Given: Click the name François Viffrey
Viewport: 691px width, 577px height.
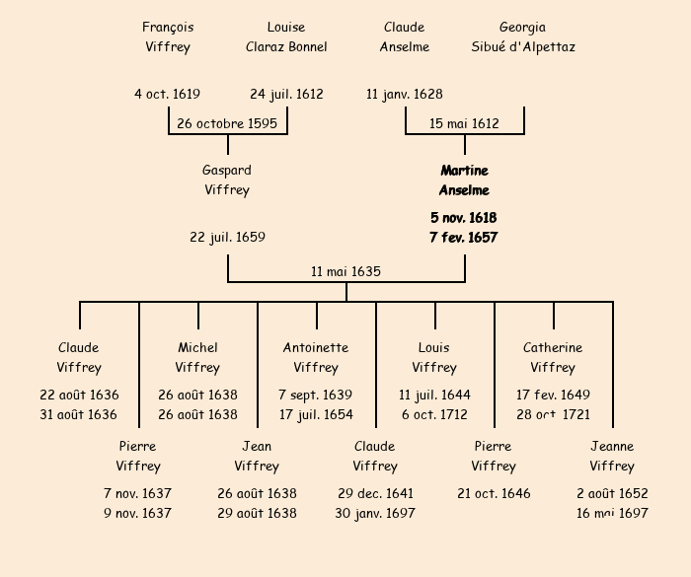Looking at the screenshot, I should (x=168, y=37).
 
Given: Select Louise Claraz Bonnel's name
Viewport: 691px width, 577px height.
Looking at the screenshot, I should (x=286, y=37).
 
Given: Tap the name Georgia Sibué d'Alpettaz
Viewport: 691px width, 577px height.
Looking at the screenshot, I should (x=523, y=37).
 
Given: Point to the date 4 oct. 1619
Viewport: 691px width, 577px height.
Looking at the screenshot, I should (x=168, y=95).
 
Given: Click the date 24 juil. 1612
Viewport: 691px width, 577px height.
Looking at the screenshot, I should (x=286, y=95).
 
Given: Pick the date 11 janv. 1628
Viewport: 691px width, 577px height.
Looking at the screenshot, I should (x=405, y=95).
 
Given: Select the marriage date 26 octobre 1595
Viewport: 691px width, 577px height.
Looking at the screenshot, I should (x=227, y=124).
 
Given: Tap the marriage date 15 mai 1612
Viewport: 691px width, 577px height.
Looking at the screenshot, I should (x=464, y=124).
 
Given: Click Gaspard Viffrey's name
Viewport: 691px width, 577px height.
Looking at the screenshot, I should (x=227, y=180).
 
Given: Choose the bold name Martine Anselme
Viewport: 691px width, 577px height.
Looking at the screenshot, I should (x=464, y=180).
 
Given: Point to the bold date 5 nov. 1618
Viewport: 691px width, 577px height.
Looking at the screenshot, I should (x=464, y=218).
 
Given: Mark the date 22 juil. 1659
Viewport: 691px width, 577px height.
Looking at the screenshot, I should (x=228, y=238).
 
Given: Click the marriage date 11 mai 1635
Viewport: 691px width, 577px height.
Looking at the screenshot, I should (x=345, y=272).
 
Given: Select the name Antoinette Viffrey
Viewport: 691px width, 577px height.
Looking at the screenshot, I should (x=316, y=358).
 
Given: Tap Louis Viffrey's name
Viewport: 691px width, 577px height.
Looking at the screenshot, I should (x=434, y=358).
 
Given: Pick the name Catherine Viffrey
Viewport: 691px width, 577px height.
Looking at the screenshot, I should (x=553, y=358).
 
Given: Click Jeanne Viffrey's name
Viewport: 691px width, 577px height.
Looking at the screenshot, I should (x=612, y=457).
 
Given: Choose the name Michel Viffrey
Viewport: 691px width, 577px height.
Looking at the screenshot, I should (x=197, y=358).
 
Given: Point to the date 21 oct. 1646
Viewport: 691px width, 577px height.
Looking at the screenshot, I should (x=494, y=494).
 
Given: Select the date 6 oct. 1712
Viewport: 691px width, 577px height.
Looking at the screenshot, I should (x=434, y=415).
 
